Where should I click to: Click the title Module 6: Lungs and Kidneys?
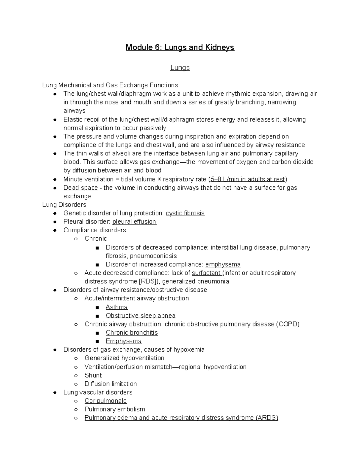(x=180, y=47)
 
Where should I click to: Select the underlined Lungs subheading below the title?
(x=180, y=68)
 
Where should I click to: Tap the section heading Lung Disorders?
(x=64, y=205)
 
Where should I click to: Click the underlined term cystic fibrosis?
(x=185, y=213)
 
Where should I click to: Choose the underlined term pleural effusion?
(x=134, y=221)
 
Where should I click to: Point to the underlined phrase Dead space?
(x=80, y=188)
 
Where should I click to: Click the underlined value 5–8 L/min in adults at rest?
(x=247, y=179)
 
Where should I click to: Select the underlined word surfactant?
(x=206, y=273)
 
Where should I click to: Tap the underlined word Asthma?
(x=117, y=307)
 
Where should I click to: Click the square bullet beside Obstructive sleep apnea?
(x=97, y=316)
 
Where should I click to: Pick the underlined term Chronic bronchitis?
(x=132, y=332)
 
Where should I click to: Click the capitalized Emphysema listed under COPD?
(x=124, y=341)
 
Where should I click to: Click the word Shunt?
(x=93, y=375)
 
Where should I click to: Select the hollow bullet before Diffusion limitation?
(x=76, y=384)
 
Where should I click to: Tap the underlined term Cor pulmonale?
(x=106, y=401)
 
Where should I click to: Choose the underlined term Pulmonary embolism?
(x=115, y=409)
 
